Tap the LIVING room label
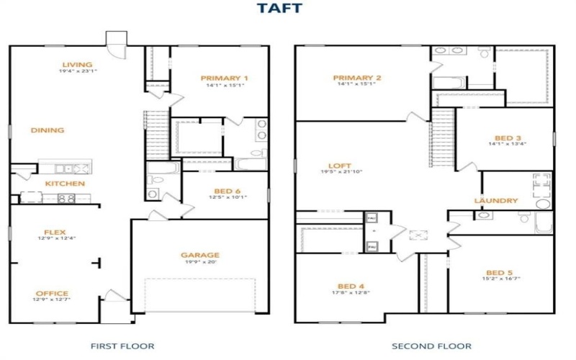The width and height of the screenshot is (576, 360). pos(77,63)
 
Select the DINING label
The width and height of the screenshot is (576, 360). pos(48,130)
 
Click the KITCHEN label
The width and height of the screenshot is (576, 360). pos(66,184)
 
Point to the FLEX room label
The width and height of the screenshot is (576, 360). pos(55,232)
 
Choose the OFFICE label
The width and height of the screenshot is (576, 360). pos(52,293)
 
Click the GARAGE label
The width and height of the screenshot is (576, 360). pos(200,254)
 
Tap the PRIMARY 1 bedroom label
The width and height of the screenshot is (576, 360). pos(225,78)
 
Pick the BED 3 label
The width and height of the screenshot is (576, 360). pos(508,138)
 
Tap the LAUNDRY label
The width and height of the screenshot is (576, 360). pos(496,200)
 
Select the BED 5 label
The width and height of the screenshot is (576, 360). pos(500,272)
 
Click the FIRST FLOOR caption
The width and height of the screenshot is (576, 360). pos(122,346)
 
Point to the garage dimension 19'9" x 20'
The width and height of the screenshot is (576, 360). pos(200,262)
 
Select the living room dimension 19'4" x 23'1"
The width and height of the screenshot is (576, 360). pos(77,71)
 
